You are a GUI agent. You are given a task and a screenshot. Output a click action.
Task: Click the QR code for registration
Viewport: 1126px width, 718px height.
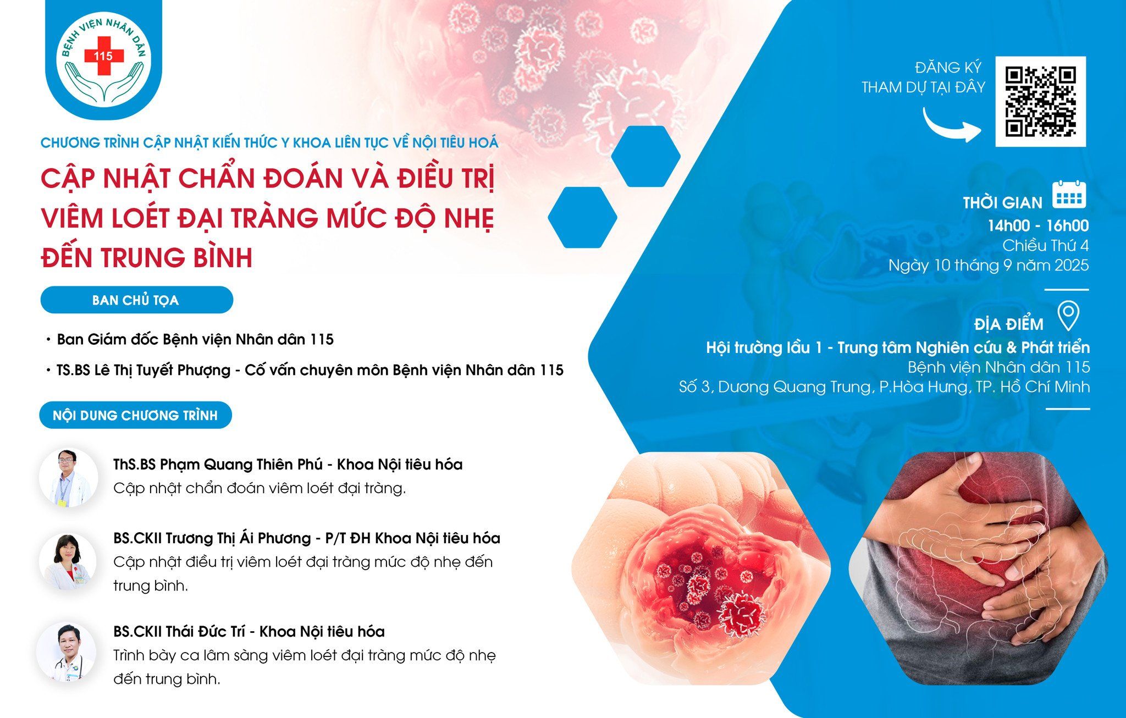click(1040, 102)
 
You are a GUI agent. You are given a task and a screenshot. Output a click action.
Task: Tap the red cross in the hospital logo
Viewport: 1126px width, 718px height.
click(103, 56)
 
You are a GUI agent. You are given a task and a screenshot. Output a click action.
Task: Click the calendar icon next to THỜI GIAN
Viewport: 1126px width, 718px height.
click(1069, 194)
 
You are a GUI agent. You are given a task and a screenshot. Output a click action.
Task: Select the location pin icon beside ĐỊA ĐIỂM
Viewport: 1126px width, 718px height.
click(1068, 316)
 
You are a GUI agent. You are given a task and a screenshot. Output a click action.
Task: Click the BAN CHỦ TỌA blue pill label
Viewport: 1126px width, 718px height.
click(136, 300)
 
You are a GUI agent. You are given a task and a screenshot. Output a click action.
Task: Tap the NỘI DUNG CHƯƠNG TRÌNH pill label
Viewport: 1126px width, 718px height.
click(135, 415)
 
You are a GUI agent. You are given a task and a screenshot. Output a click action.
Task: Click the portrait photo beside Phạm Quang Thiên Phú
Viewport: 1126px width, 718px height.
click(68, 477)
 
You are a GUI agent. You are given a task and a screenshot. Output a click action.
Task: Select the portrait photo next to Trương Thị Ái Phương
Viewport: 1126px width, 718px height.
click(68, 561)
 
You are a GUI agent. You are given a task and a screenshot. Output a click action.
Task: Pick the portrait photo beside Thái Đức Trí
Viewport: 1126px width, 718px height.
click(67, 652)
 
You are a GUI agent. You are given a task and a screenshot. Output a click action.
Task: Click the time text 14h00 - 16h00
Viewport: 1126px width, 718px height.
click(1038, 225)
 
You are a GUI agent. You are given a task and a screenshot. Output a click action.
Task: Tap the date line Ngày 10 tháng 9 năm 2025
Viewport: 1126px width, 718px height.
click(989, 266)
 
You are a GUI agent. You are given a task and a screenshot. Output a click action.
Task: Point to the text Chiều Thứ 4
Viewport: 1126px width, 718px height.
click(1046, 245)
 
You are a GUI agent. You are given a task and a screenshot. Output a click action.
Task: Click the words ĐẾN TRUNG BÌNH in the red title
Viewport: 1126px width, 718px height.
click(147, 257)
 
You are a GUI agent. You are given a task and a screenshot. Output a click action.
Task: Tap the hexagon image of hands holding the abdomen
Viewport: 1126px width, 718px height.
click(978, 568)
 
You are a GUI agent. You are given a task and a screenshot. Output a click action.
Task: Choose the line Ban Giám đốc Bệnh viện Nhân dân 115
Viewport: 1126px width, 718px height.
click(195, 339)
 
